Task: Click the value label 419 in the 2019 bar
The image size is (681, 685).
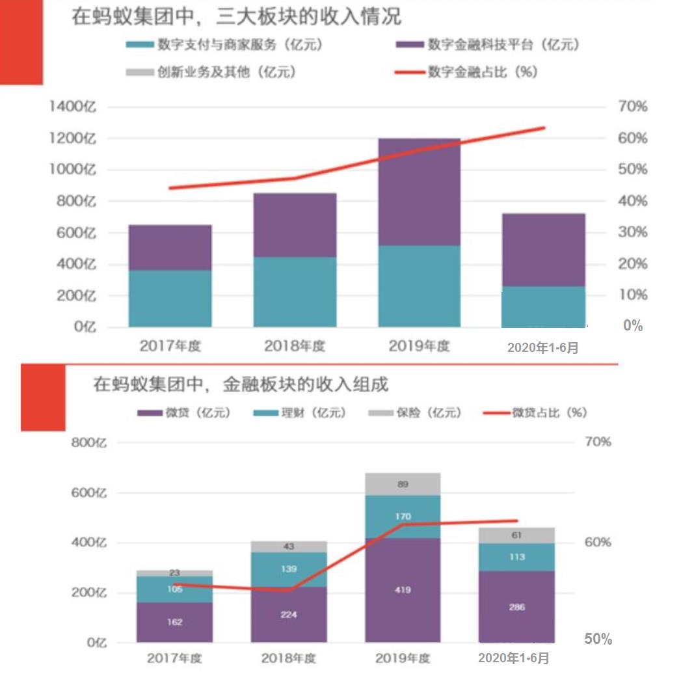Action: (x=403, y=590)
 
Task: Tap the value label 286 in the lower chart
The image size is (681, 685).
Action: (x=517, y=607)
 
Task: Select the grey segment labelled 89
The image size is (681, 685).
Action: (x=403, y=484)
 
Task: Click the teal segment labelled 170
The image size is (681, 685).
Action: (x=403, y=517)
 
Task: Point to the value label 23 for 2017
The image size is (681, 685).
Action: (x=174, y=573)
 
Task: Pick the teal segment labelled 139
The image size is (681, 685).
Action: (x=289, y=569)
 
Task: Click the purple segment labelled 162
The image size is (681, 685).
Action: (x=174, y=622)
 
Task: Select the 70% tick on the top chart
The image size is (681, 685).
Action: (x=632, y=107)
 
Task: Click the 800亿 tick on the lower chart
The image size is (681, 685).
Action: (x=88, y=444)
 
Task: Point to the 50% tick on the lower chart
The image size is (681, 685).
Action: (x=598, y=639)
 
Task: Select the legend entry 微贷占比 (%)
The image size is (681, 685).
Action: (x=549, y=413)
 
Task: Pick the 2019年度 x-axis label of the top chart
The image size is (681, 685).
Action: (x=419, y=346)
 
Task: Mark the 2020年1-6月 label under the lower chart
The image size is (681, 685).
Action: (x=514, y=658)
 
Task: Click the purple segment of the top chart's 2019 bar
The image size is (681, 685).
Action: (x=419, y=192)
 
